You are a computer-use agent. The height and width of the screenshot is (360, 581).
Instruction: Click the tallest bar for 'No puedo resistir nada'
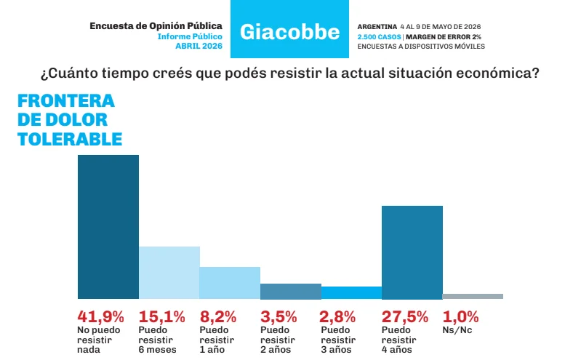click(108, 226)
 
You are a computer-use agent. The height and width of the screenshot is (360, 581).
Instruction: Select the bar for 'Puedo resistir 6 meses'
click(169, 273)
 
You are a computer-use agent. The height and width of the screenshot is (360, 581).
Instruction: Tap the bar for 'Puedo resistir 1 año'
click(230, 282)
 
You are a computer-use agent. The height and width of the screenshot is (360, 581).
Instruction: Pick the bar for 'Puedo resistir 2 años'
click(291, 292)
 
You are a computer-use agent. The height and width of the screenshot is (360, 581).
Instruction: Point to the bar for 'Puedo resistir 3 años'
click(351, 292)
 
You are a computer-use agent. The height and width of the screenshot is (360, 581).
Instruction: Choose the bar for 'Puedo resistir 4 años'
click(412, 252)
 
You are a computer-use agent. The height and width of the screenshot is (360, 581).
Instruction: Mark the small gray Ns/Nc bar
click(473, 296)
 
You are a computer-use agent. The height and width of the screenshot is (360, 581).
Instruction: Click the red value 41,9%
click(101, 317)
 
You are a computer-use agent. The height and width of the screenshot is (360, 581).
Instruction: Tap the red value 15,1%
click(162, 317)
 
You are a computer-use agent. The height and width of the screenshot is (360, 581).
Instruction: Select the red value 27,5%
click(405, 317)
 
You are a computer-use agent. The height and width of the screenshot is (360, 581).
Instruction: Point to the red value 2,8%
click(338, 317)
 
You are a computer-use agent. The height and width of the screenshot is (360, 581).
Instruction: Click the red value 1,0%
click(460, 317)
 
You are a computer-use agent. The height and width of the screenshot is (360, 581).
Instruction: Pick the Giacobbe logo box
click(289, 29)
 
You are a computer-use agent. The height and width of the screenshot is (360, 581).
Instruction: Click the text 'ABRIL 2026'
click(199, 46)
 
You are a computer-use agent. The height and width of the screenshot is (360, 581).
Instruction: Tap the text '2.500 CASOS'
click(379, 37)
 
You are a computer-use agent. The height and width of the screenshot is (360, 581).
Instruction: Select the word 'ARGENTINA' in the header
click(377, 27)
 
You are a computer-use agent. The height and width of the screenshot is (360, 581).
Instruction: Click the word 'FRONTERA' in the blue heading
click(66, 101)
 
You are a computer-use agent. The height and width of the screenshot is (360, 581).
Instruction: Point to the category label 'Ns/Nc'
click(457, 330)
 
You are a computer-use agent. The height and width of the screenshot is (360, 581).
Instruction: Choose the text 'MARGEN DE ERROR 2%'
click(444, 37)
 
